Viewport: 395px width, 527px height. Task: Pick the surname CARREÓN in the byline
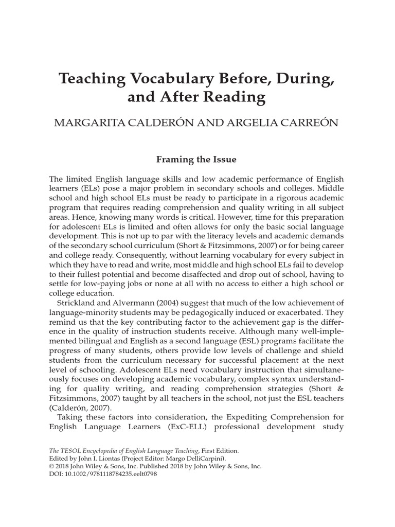click(x=312, y=124)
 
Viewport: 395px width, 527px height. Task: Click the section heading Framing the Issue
click(x=196, y=160)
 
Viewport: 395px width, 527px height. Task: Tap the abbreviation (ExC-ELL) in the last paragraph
click(x=185, y=427)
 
